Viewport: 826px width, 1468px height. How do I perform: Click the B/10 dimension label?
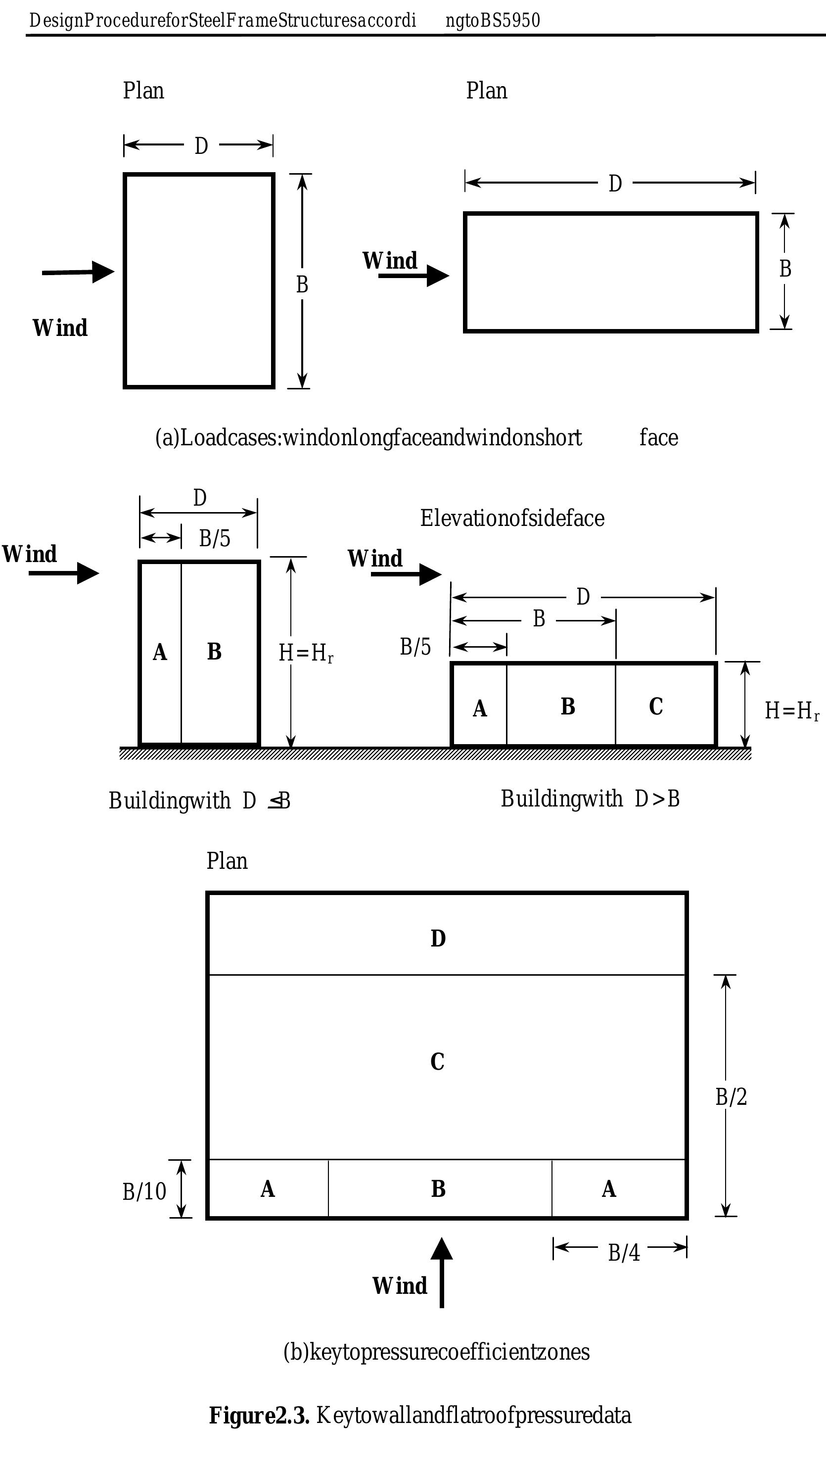144,1191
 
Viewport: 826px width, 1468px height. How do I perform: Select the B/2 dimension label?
731,1096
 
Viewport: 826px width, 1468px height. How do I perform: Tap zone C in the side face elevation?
656,707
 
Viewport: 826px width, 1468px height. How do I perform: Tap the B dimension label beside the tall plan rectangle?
302,284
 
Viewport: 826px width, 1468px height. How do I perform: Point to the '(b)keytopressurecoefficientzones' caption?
436,1352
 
